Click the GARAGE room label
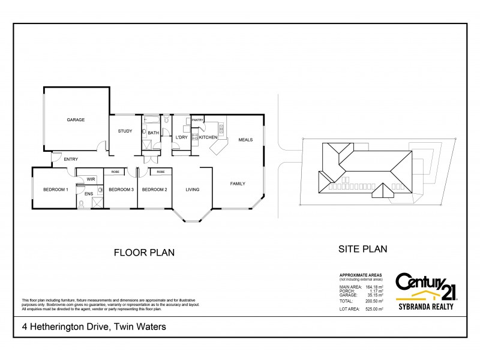click(76, 120)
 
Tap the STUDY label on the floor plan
click(125, 131)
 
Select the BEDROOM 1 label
click(56, 190)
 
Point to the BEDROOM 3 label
click(121, 190)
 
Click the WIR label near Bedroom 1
click(91, 179)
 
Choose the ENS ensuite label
click(88, 194)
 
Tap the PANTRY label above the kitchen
click(198, 120)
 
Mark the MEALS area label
click(245, 140)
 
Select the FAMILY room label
click(238, 184)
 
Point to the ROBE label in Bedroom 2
click(161, 172)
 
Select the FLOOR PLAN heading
click(144, 253)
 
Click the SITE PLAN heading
click(363, 249)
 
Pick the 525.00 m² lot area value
click(374, 310)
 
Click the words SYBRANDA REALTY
click(425, 307)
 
